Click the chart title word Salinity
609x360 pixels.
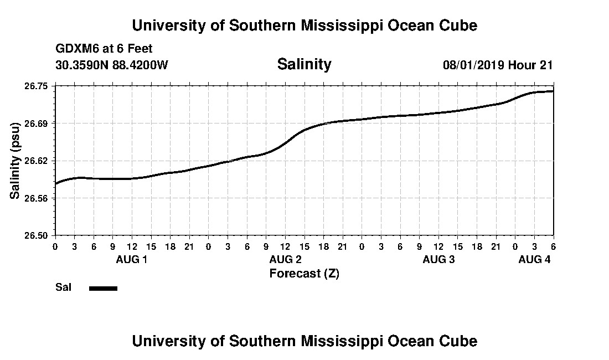304,64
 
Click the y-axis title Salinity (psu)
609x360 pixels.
15,161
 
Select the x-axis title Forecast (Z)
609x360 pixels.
304,273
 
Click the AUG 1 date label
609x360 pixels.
131,259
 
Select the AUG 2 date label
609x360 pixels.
285,259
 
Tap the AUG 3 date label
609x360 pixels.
438,259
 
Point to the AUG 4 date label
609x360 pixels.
534,259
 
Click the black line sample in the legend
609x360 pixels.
103,288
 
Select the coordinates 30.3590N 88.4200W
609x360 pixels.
111,65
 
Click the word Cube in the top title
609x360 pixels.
459,25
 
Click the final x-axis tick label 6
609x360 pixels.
553,246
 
